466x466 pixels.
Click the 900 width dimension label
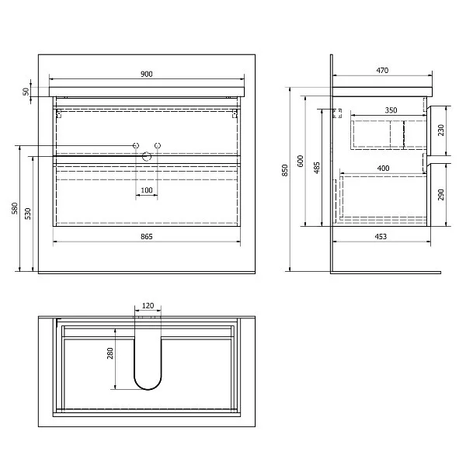pos(147,74)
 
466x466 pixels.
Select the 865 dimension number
pos(147,237)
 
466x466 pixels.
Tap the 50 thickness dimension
pos(26,92)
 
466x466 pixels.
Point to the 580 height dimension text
pos(15,208)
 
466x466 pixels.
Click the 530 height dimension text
pos(28,214)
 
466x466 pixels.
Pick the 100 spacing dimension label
pos(147,190)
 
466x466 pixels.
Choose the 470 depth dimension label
pos(382,71)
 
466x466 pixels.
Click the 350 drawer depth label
pos(391,110)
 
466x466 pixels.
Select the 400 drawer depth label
pos(383,169)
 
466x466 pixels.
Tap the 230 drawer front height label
pos(440,130)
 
